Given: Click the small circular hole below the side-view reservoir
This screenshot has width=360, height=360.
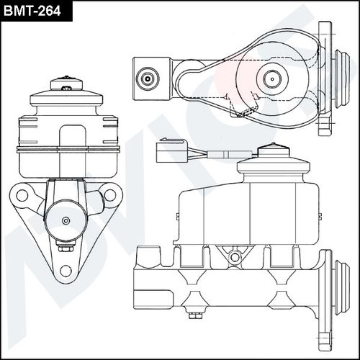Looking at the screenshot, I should click(x=232, y=256).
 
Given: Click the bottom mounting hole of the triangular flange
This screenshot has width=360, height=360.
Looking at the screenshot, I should click(x=66, y=270).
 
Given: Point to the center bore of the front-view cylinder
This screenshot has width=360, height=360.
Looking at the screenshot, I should click(x=66, y=221).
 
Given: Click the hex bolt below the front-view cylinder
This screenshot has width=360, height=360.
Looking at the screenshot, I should click(x=66, y=248).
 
